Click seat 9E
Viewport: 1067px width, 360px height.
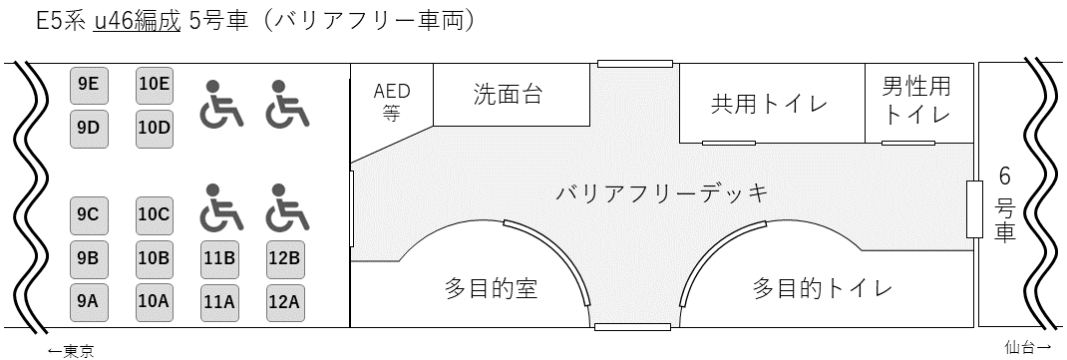coord(89,85)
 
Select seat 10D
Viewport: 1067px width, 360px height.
coord(155,129)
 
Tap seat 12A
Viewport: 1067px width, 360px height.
coord(284,301)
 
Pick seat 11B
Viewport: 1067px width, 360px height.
coord(219,259)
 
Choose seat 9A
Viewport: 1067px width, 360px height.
coord(89,301)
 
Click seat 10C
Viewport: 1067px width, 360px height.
coord(155,215)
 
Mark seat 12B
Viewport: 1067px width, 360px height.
coord(284,259)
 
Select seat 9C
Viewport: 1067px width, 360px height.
coord(89,215)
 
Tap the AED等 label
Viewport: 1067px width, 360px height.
coord(392,102)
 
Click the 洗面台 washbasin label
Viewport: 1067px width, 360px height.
coord(509,94)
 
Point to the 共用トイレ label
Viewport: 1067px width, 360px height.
coord(769,104)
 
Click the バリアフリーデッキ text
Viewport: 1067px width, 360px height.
coord(661,193)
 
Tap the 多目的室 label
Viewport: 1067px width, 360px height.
coord(492,288)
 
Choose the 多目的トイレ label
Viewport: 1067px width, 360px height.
coord(822,288)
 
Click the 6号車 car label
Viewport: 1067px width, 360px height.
coord(1004,204)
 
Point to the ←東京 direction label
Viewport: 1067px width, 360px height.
coord(71,351)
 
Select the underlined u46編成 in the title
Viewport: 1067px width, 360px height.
coord(138,21)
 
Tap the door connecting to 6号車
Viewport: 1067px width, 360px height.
coord(974,209)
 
